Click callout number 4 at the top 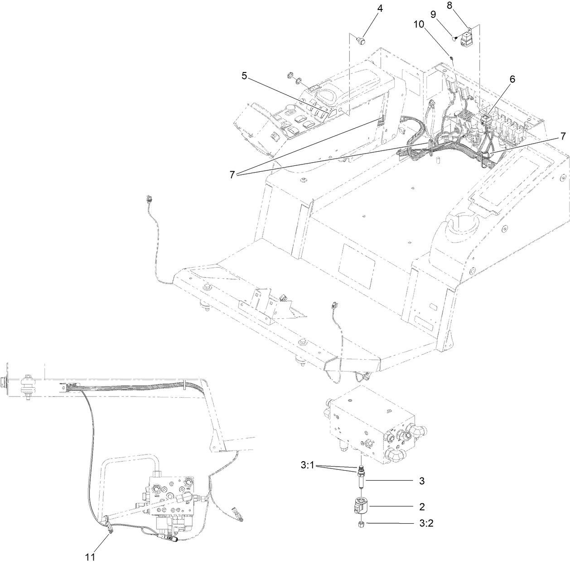click(x=380, y=9)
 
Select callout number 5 click(x=244, y=76)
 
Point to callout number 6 click(x=512, y=79)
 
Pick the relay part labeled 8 click(x=467, y=40)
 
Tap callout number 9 click(x=433, y=14)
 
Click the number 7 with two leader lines click(x=233, y=175)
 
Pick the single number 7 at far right click(x=563, y=135)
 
